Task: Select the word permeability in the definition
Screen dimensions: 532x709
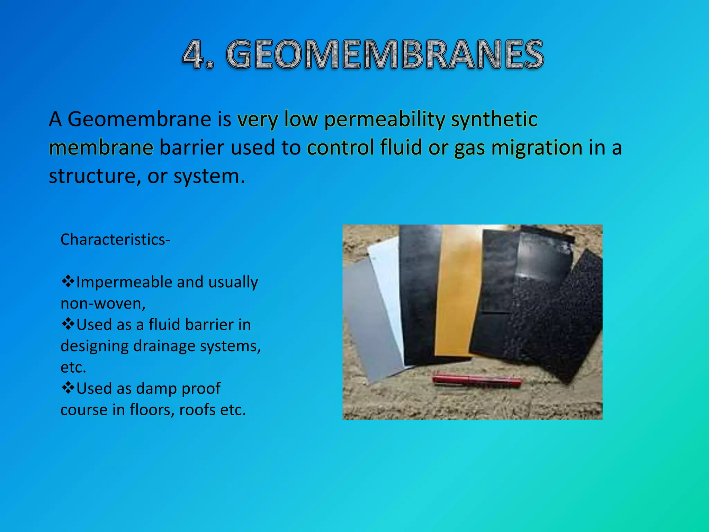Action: [385, 120]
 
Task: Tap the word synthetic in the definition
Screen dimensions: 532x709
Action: [494, 119]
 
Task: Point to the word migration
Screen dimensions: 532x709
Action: [537, 148]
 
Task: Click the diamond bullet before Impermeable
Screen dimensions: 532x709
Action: [68, 281]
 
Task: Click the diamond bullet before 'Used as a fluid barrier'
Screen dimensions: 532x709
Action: [68, 324]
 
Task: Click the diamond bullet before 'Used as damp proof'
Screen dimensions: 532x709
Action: [68, 388]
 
